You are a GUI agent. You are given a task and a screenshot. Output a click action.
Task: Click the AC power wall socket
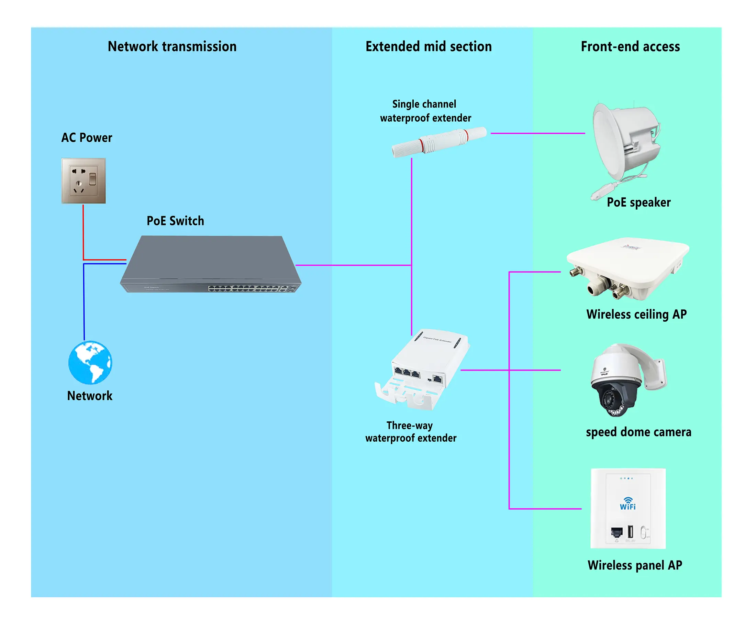click(x=83, y=181)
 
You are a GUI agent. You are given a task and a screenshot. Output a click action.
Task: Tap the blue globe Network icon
click(x=90, y=363)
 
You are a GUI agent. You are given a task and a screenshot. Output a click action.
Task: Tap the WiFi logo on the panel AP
click(x=627, y=503)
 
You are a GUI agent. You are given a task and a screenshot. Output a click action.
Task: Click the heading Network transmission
click(x=172, y=46)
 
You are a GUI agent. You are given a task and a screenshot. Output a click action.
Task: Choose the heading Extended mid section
click(x=429, y=46)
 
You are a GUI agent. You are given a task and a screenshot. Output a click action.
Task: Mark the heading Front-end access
click(x=630, y=46)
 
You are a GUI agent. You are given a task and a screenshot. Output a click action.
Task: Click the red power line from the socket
click(x=83, y=234)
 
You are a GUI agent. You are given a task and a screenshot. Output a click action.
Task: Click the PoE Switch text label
click(x=175, y=221)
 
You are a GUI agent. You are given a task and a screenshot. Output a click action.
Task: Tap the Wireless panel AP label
click(x=635, y=565)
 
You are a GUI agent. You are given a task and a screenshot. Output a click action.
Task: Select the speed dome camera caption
click(x=638, y=432)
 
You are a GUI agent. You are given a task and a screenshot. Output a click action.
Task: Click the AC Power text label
click(x=87, y=137)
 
